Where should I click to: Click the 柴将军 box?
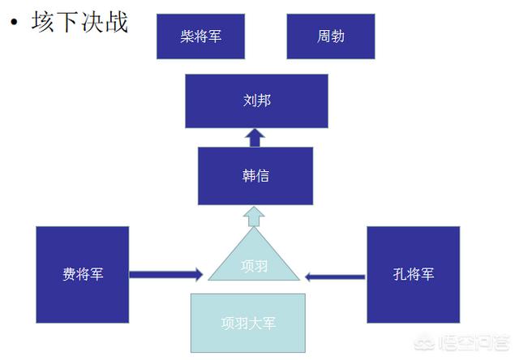tap(200, 36)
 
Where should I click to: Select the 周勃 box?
tap(331, 36)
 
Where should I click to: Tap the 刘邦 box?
tap(256, 101)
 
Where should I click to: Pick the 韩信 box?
tap(256, 176)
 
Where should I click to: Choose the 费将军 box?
tap(83, 274)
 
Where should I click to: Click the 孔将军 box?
tap(413, 274)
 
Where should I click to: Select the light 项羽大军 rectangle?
tap(248, 323)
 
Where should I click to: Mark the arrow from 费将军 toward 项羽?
tap(165, 275)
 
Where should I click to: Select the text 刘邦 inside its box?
tap(256, 101)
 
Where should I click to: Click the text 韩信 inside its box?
tap(256, 176)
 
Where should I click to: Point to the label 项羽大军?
tap(248, 323)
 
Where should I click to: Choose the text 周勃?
tap(331, 36)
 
